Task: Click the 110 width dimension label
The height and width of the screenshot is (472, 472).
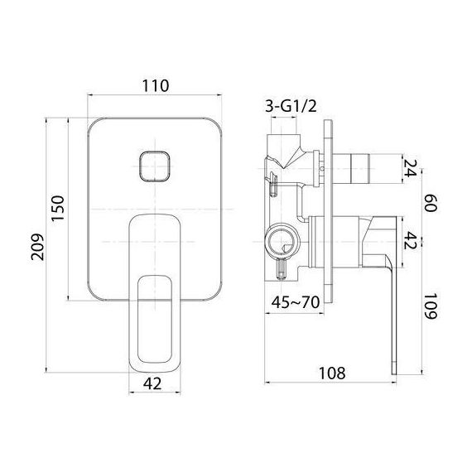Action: pyautogui.click(x=156, y=86)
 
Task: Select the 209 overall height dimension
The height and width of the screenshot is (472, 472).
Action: pyautogui.click(x=37, y=247)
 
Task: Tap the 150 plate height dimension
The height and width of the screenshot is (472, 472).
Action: pyautogui.click(x=57, y=209)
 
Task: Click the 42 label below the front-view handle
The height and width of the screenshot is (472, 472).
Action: pyautogui.click(x=152, y=383)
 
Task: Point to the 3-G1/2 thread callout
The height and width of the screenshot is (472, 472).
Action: pyautogui.click(x=291, y=106)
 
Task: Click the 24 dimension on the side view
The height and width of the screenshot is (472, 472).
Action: pyautogui.click(x=410, y=168)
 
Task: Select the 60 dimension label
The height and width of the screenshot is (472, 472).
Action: pyautogui.click(x=430, y=203)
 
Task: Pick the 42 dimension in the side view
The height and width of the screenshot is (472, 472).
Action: pyautogui.click(x=410, y=240)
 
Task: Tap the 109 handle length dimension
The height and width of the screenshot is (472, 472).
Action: pyautogui.click(x=430, y=306)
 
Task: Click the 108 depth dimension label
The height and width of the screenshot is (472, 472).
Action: pyautogui.click(x=332, y=373)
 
